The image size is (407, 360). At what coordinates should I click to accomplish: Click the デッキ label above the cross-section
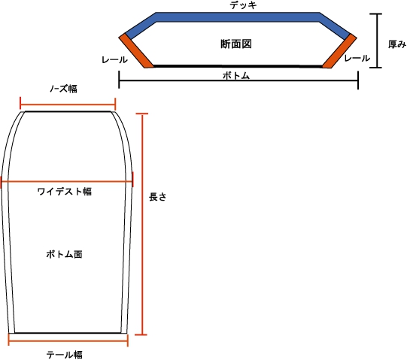point(243,5)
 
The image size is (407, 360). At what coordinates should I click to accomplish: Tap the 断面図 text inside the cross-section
point(236,44)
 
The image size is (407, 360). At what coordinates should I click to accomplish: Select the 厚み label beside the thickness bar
point(397,44)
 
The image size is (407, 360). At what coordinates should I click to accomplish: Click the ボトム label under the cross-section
point(236,76)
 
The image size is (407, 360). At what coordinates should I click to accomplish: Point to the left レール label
point(115,60)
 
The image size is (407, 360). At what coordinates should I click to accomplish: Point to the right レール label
point(357,58)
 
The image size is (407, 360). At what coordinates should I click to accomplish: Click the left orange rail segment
point(136,51)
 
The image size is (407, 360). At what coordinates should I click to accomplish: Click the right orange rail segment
point(339,51)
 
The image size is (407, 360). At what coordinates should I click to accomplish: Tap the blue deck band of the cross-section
point(238,17)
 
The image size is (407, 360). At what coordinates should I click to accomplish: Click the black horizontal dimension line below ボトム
point(238,80)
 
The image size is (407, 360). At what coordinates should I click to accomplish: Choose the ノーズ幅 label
point(64,89)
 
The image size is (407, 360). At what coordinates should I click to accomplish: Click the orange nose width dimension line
point(68,104)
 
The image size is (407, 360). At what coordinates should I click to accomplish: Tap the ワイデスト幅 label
point(65,192)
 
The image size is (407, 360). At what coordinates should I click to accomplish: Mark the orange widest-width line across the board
point(67,182)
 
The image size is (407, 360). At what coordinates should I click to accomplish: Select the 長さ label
point(157,197)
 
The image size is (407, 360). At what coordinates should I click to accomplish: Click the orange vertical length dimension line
point(142,224)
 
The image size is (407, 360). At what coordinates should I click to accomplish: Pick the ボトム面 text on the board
point(65,254)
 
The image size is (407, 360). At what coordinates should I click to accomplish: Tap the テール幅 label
point(65,355)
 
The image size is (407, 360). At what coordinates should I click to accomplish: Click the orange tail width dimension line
point(68,340)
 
